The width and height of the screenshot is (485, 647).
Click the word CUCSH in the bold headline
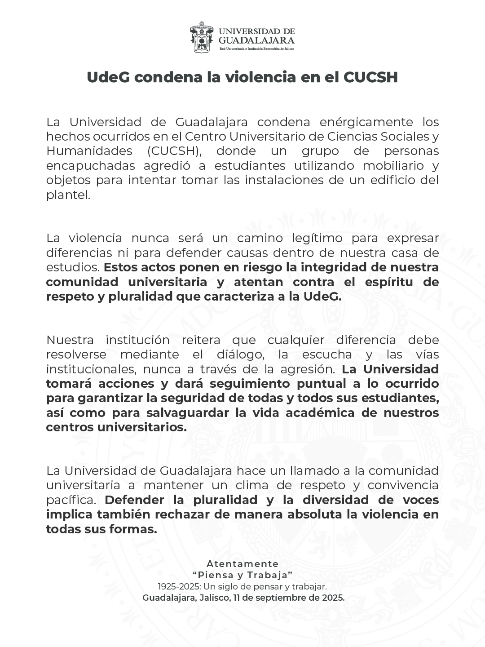(x=370, y=77)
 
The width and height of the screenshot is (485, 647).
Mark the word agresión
(x=308, y=369)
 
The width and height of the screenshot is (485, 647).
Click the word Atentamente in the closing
(x=242, y=564)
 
